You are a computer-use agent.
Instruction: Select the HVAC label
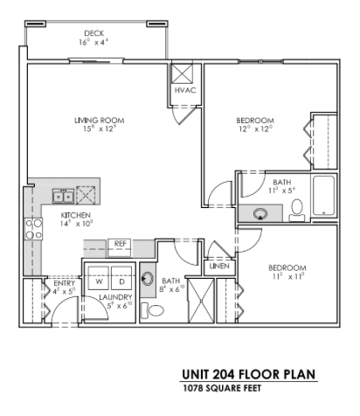click(x=183, y=90)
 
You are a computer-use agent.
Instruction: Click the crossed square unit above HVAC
click(x=183, y=73)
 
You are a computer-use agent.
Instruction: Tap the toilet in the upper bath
click(x=297, y=208)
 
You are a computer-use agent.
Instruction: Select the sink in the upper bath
click(x=260, y=211)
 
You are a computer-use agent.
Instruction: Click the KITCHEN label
click(x=75, y=214)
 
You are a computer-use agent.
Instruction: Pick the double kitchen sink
click(x=62, y=194)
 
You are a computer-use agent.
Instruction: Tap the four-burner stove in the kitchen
click(x=33, y=229)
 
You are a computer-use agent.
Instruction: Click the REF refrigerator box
click(x=120, y=244)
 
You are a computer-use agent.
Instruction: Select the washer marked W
click(x=100, y=281)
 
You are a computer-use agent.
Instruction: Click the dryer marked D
click(x=121, y=281)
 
